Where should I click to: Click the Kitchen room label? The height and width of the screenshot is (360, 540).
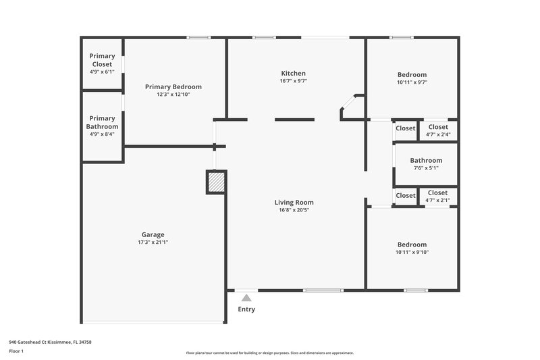(x=294, y=73)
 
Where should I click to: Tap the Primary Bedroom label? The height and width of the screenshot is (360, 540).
(x=173, y=86)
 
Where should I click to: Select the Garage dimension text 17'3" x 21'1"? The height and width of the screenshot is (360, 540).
(x=153, y=242)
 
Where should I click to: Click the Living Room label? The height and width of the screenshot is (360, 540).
(x=294, y=202)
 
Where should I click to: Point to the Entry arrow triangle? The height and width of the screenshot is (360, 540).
(x=246, y=298)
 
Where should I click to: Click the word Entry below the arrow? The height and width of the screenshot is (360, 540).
(x=246, y=309)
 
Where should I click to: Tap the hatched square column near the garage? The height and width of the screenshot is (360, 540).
(x=215, y=182)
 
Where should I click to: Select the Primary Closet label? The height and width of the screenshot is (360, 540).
(x=102, y=60)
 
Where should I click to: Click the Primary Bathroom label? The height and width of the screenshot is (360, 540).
(x=102, y=122)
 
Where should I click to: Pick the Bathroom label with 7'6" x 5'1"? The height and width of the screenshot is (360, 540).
(x=426, y=161)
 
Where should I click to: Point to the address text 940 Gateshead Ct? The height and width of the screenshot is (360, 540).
(x=50, y=342)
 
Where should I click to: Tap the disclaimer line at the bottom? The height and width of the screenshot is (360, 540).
(x=269, y=353)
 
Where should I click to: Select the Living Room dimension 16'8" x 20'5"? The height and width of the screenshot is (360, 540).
(x=294, y=209)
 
